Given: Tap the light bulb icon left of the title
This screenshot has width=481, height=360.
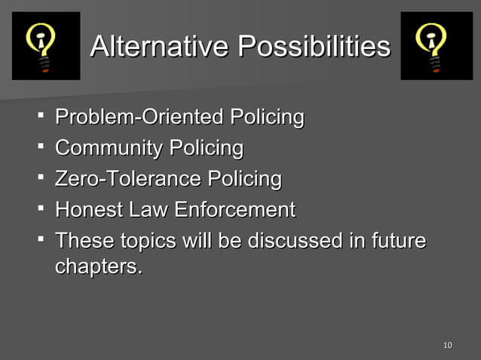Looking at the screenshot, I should click(46, 45).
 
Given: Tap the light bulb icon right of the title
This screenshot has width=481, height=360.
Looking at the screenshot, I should click(436, 45).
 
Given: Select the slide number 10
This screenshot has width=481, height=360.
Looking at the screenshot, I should click(448, 346).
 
